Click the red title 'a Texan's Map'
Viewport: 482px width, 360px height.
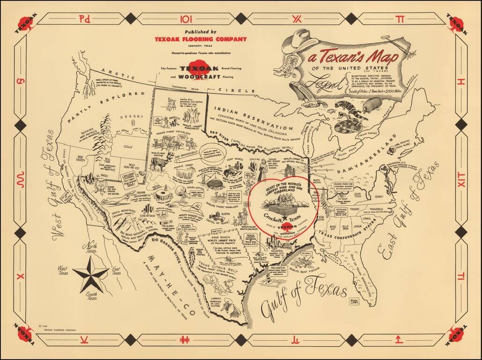(x=346, y=58)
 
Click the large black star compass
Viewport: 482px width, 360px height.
(x=91, y=274)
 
